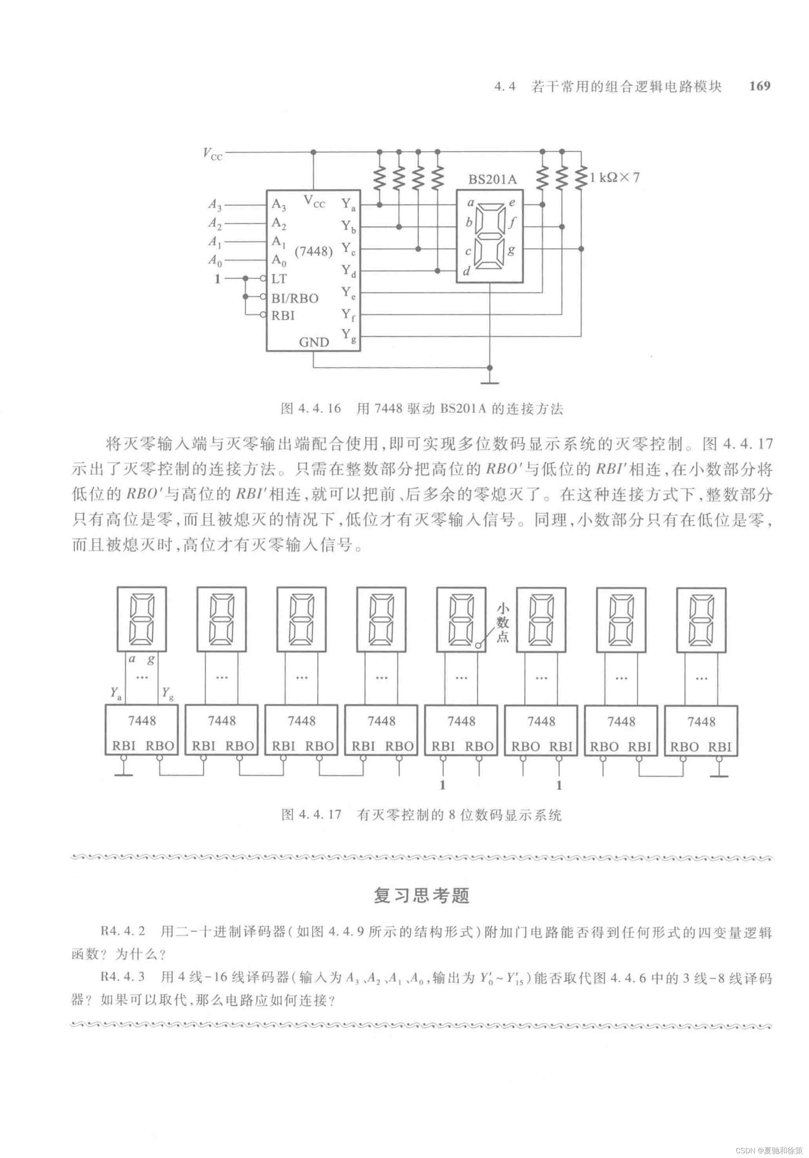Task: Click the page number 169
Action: coord(760,86)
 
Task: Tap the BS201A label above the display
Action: coord(492,180)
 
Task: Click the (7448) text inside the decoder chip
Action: coord(314,251)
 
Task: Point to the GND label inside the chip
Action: coord(314,342)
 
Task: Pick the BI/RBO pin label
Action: coord(295,298)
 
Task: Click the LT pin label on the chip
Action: coord(279,278)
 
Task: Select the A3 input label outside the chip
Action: coord(215,205)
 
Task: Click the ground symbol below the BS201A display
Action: coord(490,381)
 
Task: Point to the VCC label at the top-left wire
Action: coord(212,153)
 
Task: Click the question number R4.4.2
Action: coord(123,931)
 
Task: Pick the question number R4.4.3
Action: coord(123,976)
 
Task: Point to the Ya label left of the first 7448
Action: coord(115,693)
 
